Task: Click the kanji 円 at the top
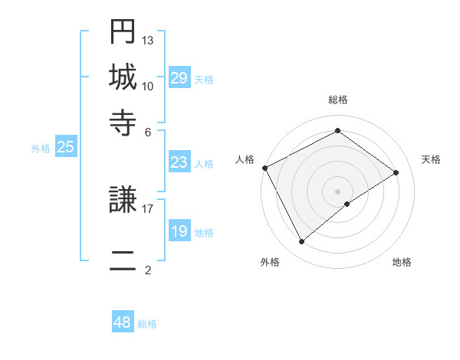click(123, 32)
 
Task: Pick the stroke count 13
click(148, 40)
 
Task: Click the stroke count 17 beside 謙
click(148, 208)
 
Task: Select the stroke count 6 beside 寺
click(148, 131)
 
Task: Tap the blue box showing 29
click(179, 78)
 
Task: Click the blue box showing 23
click(179, 162)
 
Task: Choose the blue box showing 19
click(179, 231)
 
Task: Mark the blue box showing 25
click(65, 147)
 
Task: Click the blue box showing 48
click(122, 322)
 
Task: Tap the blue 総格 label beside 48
click(147, 324)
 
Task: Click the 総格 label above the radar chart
click(338, 100)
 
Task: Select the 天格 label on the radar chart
click(431, 159)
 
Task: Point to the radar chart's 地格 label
click(402, 263)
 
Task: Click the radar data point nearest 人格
click(264, 168)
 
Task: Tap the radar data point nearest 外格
click(302, 242)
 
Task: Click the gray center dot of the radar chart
click(338, 191)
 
